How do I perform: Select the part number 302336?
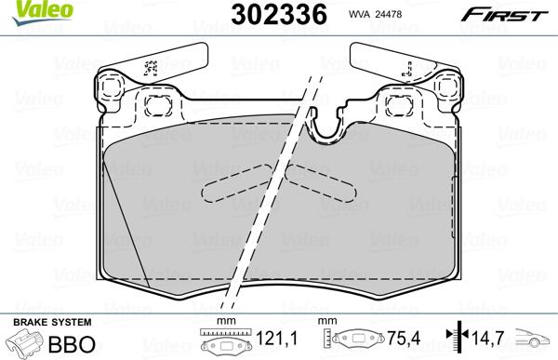point(270,15)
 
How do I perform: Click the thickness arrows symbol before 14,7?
point(453,336)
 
